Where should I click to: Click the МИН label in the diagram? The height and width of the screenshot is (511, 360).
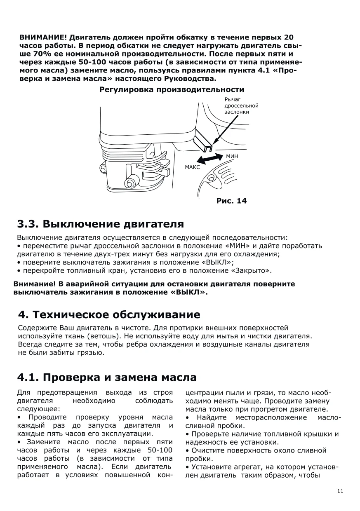tap(232, 157)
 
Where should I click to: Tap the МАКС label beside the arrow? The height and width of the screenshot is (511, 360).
tap(192, 167)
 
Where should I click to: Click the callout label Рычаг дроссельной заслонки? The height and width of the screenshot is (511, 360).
tap(241, 105)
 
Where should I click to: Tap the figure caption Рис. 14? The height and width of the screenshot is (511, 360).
tap(231, 201)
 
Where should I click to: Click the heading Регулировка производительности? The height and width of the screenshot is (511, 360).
tap(172, 89)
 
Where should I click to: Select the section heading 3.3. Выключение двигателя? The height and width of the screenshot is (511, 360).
tap(100, 224)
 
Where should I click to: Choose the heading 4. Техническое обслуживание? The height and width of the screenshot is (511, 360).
tap(109, 315)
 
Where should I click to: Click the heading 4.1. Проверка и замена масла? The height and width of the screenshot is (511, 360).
tap(107, 377)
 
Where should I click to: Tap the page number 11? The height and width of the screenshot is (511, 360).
tap(340, 491)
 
